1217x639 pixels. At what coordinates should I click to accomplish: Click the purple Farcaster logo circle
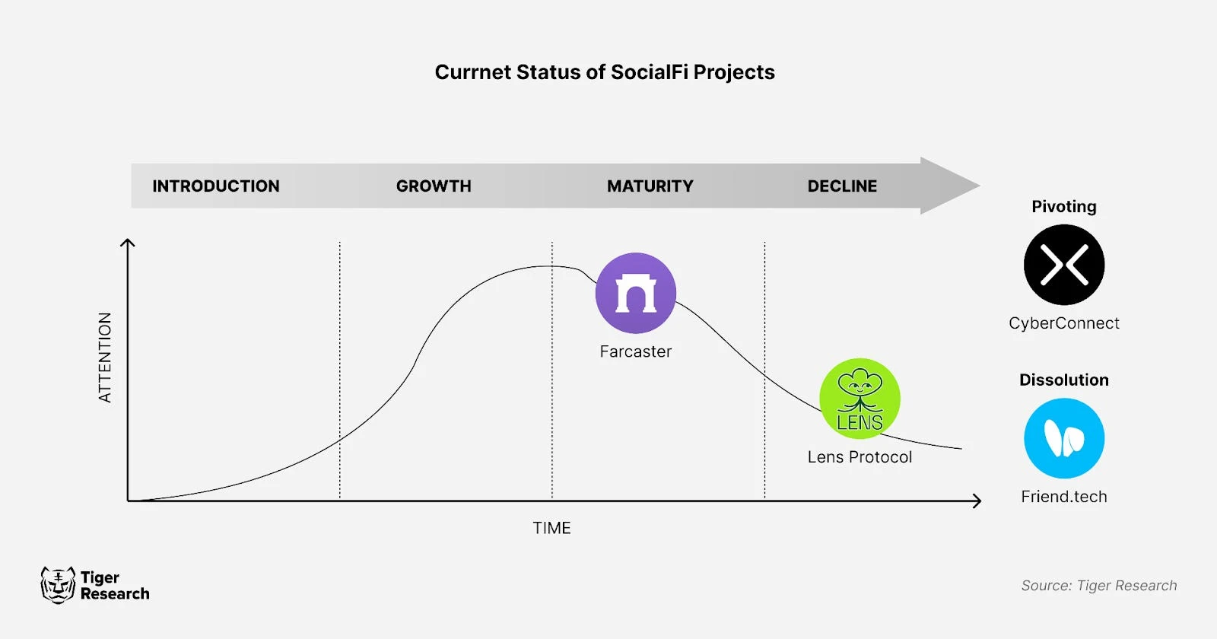635,293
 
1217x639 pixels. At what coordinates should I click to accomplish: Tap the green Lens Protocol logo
860,399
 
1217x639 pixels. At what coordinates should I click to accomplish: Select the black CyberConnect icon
1063,265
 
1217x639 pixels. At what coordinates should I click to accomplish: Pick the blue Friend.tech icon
1063,438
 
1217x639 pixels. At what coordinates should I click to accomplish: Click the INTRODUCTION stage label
216,186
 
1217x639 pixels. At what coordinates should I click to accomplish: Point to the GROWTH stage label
434,186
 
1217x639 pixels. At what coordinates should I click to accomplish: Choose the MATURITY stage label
650,186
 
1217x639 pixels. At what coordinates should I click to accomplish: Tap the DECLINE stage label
842,186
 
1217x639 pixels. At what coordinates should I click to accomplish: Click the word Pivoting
1063,207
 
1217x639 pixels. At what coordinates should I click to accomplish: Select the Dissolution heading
1063,380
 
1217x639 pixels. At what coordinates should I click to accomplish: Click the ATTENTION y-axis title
105,357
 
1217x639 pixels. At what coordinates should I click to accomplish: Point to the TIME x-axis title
551,528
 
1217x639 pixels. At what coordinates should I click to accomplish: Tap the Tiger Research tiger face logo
58,585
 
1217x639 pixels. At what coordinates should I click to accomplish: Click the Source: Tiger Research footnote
1098,586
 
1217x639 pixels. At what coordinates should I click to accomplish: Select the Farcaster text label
635,351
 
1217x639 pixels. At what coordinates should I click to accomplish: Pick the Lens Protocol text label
860,457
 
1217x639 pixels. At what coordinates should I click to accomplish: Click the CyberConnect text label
1063,323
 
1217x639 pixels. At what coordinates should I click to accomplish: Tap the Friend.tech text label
1063,497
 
